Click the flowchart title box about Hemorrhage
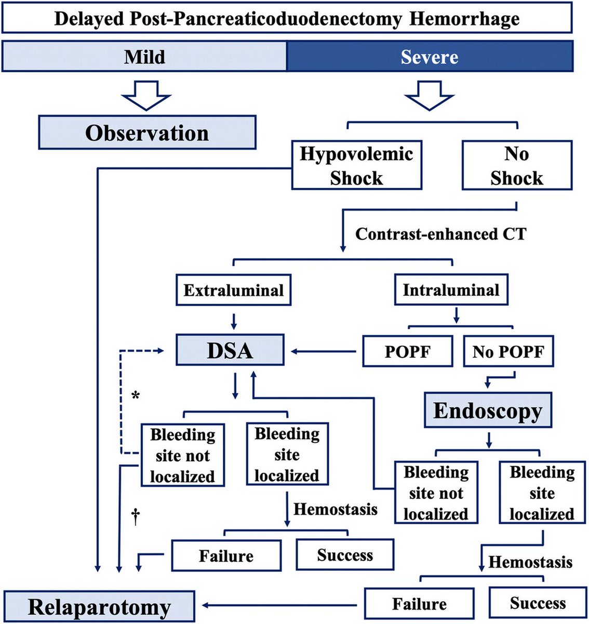tap(287, 19)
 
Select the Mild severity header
tap(144, 57)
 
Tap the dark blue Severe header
tap(430, 57)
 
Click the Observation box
tap(147, 133)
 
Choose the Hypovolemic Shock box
tap(356, 165)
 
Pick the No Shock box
tap(516, 165)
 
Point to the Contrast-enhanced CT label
tap(440, 234)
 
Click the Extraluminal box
tap(233, 290)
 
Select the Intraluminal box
tap(451, 290)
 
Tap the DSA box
tap(230, 350)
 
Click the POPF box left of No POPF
tap(407, 352)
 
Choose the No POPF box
tap(508, 352)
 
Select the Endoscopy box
tap(488, 411)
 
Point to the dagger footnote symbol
tap(136, 516)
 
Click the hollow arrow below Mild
tap(146, 95)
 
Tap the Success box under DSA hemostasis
tap(345, 555)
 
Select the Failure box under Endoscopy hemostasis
tap(419, 604)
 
